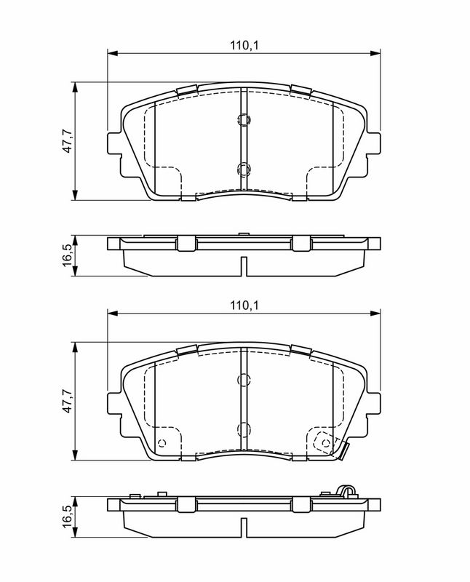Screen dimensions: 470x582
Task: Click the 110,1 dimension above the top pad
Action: (x=244, y=45)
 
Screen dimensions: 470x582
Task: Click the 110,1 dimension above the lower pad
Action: (x=244, y=306)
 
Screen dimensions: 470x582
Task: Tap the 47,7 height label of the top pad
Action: (x=68, y=140)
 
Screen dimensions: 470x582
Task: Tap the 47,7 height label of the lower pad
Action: (x=68, y=401)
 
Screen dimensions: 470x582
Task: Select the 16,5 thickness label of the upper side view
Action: (x=68, y=255)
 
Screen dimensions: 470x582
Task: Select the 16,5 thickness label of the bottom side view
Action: (x=68, y=517)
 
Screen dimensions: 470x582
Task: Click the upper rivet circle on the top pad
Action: (x=244, y=119)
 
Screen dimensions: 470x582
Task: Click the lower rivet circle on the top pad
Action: (x=244, y=170)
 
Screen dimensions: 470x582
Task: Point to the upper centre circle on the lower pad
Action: (x=244, y=380)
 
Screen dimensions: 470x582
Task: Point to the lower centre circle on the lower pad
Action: (x=244, y=429)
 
